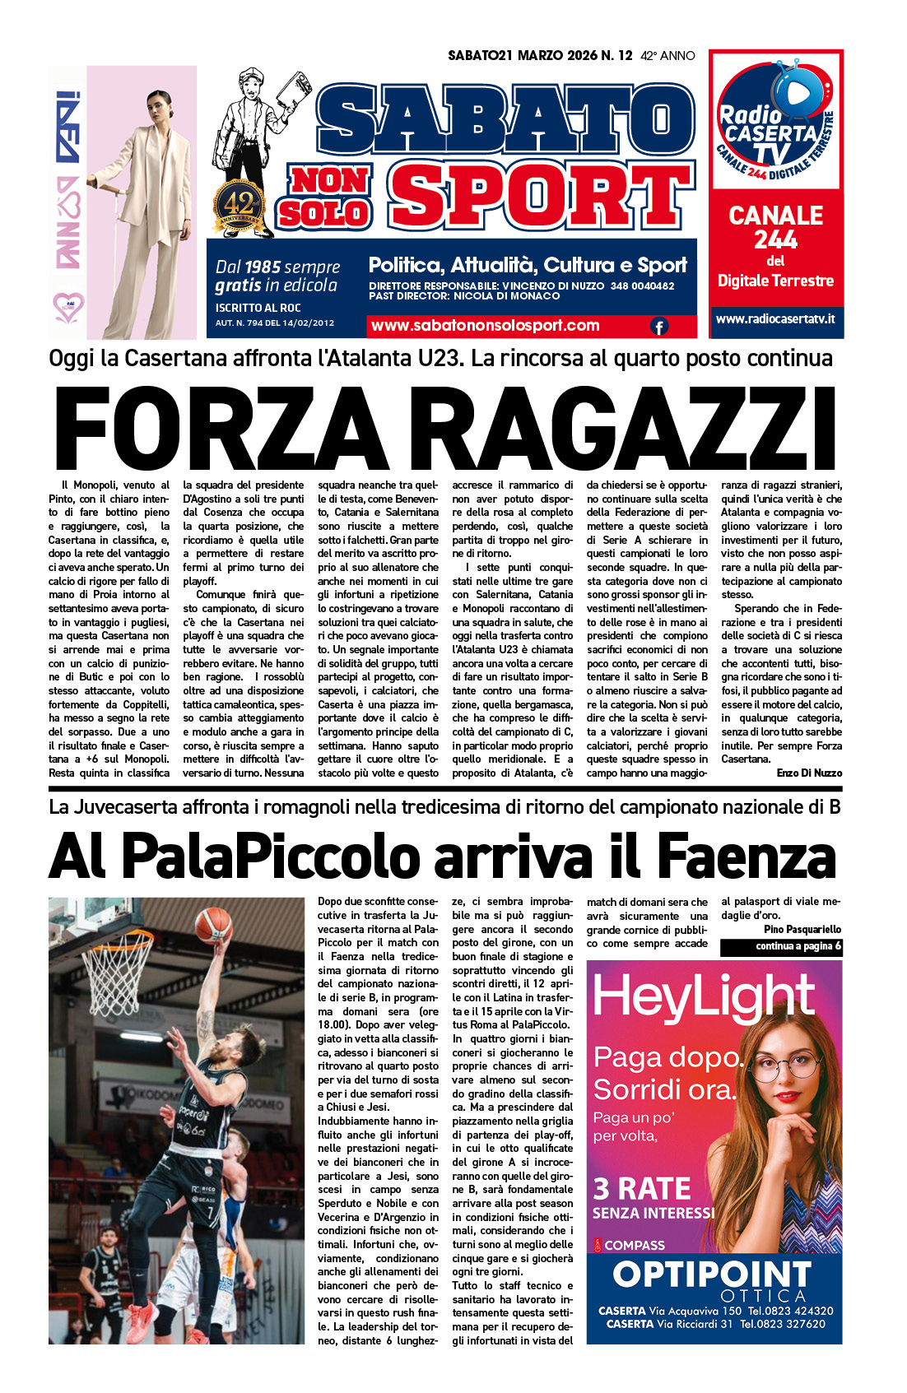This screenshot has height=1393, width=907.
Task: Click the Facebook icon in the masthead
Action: (x=659, y=327)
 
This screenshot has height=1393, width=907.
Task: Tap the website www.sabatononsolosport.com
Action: (x=486, y=326)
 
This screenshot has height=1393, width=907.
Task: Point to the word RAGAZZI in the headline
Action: (x=633, y=430)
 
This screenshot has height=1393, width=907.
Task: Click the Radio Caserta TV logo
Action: (x=775, y=123)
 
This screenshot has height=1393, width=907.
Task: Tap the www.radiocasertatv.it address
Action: (x=775, y=318)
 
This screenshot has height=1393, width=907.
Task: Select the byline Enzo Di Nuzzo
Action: (x=809, y=773)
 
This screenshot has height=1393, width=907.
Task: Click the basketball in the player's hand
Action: (x=213, y=924)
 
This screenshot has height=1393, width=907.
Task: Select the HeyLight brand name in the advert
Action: (x=704, y=997)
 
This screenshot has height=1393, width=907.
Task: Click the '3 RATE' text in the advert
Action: (x=642, y=1189)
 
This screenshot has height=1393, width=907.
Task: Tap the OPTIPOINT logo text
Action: (x=713, y=1275)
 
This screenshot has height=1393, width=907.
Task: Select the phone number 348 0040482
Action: (x=642, y=286)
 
